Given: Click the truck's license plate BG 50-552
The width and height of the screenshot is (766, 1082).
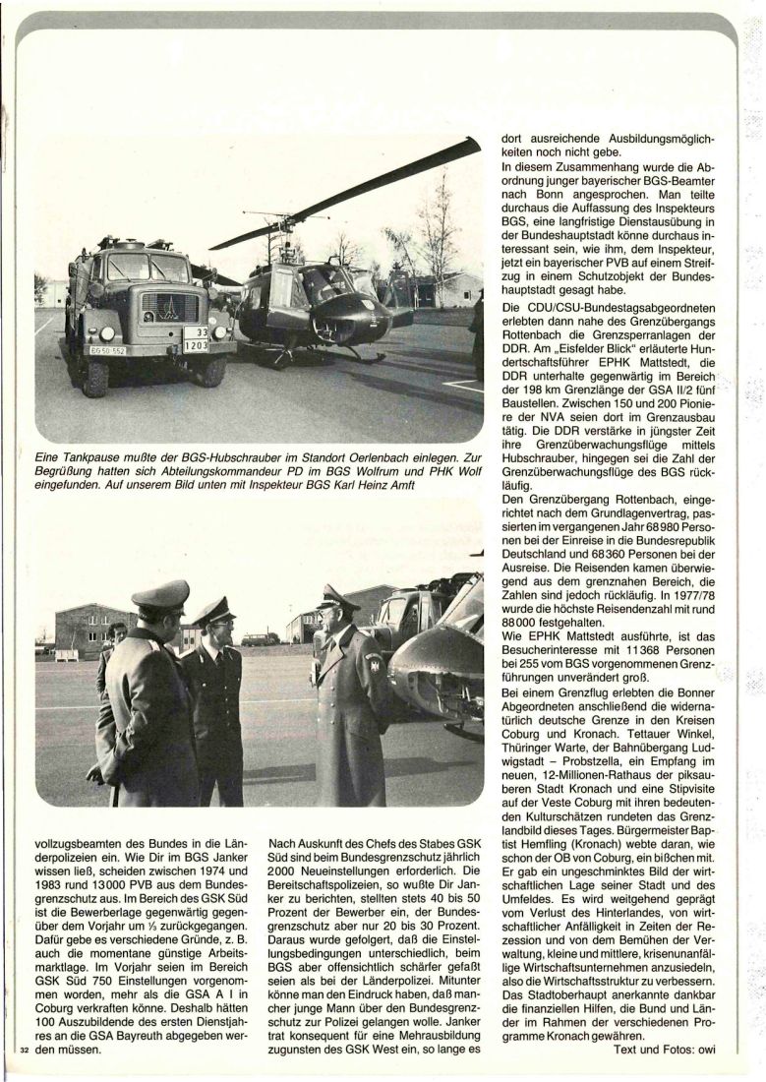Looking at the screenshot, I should click(x=107, y=349).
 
